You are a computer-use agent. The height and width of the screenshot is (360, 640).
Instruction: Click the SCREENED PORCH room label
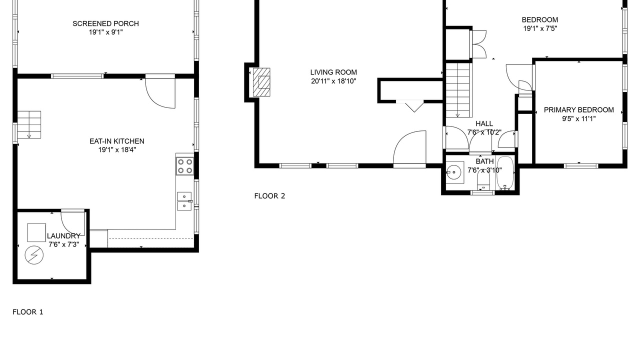(105, 23)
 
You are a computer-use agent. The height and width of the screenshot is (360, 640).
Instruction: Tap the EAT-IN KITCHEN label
(117, 141)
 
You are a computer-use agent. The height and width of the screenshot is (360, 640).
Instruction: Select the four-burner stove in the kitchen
(185, 166)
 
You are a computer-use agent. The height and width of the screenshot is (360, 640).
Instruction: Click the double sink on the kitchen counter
(184, 201)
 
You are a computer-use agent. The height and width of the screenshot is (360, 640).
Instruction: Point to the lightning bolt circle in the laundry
(34, 255)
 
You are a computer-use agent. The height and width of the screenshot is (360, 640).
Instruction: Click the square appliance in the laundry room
(36, 232)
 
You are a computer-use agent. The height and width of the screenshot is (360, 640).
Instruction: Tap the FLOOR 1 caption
(27, 312)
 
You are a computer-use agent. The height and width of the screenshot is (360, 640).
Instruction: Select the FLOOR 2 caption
(269, 196)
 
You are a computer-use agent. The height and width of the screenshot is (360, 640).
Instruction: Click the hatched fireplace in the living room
(261, 82)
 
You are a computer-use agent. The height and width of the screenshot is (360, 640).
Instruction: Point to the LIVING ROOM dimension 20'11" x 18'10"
(333, 81)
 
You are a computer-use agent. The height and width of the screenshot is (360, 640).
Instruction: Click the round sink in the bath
(453, 172)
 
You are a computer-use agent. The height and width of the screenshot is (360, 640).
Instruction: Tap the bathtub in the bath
(505, 173)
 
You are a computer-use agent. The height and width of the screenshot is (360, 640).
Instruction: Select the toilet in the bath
(483, 180)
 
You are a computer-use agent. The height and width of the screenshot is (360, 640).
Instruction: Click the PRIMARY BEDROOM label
(579, 110)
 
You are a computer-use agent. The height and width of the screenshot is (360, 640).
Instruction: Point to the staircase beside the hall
(458, 90)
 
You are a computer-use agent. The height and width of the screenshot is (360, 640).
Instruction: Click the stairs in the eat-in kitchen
(29, 124)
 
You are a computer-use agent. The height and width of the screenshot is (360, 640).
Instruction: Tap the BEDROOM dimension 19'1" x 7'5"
(540, 28)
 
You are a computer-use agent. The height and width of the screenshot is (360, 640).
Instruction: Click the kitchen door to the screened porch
(160, 91)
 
